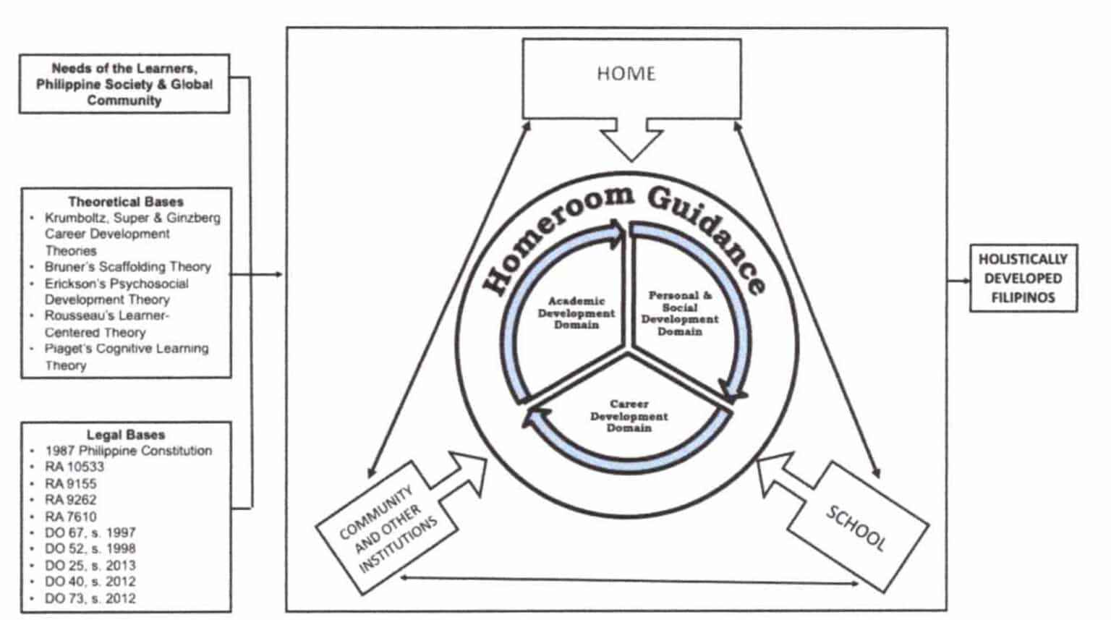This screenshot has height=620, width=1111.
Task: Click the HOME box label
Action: pos(626,74)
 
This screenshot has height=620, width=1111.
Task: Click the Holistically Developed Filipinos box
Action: pos(1023,279)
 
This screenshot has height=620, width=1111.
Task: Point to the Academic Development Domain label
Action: pos(576,313)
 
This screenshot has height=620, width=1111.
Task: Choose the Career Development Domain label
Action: pos(629,416)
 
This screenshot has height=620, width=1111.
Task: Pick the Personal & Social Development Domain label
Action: pos(680,313)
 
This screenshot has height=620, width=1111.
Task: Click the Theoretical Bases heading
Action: pos(126,202)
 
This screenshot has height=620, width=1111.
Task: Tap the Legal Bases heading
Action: pos(126,435)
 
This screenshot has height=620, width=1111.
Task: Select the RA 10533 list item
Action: pos(75,467)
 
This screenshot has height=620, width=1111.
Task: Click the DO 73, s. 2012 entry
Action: pos(90,598)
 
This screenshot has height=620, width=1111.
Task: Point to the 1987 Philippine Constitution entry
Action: pos(129,451)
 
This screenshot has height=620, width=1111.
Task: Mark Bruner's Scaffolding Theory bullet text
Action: pos(128,267)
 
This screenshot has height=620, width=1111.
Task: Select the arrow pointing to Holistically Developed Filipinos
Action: pos(958,280)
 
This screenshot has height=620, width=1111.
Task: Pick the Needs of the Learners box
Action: pos(124,84)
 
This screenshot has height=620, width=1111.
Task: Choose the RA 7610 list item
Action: pos(71,517)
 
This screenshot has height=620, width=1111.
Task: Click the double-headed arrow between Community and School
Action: pos(629,579)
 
